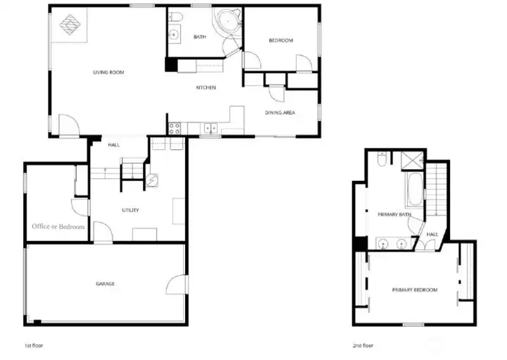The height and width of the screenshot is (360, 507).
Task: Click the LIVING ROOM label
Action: [x=108, y=73]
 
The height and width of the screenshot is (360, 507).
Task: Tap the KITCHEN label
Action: [x=206, y=87]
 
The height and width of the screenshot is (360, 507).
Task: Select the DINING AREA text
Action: [x=280, y=113]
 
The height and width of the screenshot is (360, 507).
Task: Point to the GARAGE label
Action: [x=105, y=284]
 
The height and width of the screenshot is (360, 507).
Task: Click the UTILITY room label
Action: [x=130, y=210]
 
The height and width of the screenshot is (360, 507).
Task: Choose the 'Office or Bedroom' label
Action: [x=58, y=226]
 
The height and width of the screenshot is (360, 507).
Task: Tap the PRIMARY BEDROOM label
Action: [x=415, y=290]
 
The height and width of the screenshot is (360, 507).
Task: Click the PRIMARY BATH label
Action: [x=394, y=214]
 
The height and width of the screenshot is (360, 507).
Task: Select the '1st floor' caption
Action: [x=34, y=345]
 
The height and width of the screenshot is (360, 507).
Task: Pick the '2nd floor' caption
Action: [x=363, y=345]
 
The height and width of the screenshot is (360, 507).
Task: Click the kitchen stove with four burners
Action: [x=175, y=128]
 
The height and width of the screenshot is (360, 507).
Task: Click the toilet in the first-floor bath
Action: [x=176, y=16]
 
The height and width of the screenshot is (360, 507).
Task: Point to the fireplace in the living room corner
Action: [x=70, y=25]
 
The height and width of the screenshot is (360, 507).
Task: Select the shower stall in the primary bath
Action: [x=412, y=161]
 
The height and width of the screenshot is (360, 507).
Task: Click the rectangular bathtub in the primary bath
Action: [x=415, y=190]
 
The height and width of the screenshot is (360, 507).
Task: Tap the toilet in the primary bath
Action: [x=382, y=159]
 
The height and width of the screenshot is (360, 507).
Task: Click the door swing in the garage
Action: [x=177, y=285]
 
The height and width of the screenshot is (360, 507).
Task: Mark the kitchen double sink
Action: [x=211, y=128]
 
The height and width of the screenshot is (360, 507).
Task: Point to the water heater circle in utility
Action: [x=151, y=180]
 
